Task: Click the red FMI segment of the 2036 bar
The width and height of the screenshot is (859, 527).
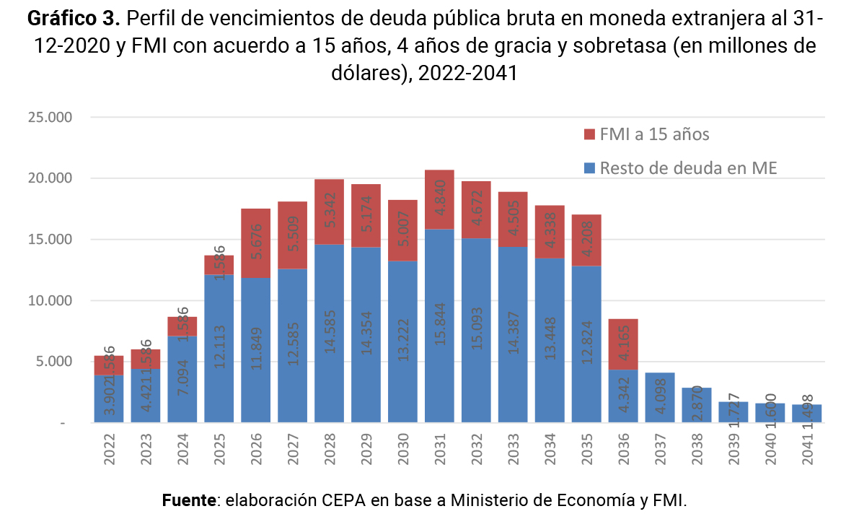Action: pos(623,344)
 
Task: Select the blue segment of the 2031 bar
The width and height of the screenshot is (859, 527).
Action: pos(439,325)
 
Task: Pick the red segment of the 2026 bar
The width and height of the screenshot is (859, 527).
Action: pos(255,243)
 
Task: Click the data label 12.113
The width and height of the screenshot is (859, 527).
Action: pos(219,347)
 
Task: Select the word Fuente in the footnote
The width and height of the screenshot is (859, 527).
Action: pos(189,500)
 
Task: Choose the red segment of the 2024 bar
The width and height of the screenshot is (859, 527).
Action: pos(182,326)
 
